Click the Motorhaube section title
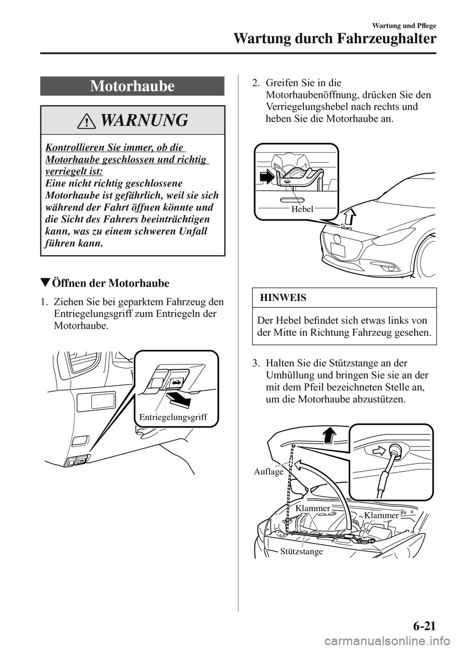[132, 86]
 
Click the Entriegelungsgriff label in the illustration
[173, 417]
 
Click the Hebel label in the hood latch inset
[302, 209]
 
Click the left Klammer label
[312, 508]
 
